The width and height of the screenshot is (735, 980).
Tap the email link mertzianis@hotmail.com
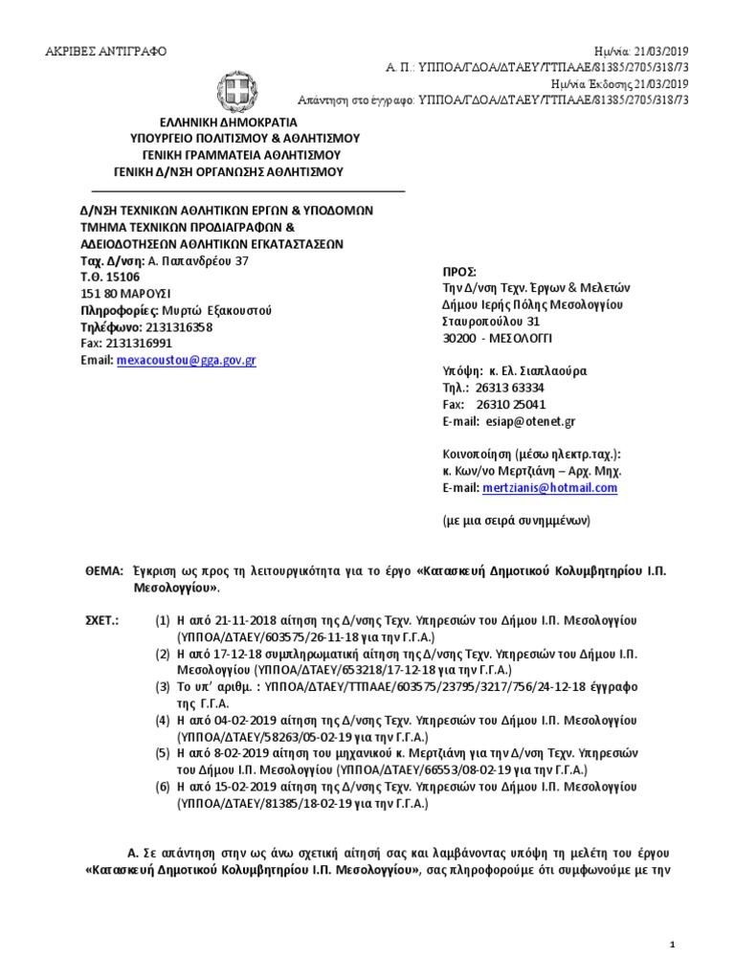click(550, 488)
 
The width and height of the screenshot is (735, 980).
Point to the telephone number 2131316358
click(179, 326)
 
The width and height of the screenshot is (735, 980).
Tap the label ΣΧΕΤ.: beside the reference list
click(103, 621)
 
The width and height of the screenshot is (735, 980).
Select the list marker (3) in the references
click(164, 686)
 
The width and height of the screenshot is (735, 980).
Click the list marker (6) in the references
click(164, 786)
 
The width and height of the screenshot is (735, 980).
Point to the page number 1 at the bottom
click(672, 946)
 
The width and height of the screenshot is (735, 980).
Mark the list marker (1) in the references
click(164, 621)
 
